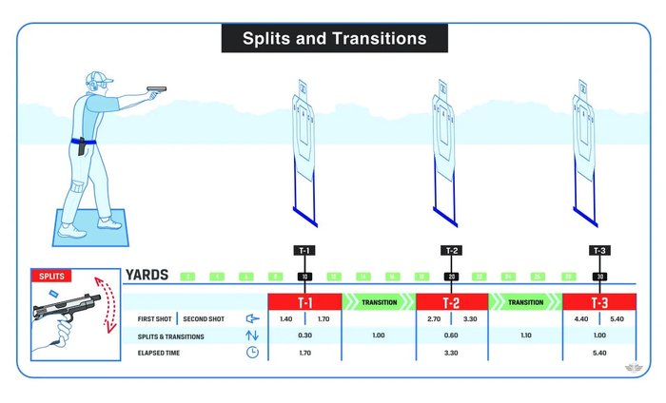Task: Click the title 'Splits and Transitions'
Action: pos(333,39)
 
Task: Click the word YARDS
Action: pos(147,276)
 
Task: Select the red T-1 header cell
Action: pos(304,301)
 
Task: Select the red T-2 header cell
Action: pos(452,301)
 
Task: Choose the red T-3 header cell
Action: pos(598,301)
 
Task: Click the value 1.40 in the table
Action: pos(286,319)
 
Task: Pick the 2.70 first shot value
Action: pos(434,319)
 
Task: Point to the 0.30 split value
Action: pos(304,336)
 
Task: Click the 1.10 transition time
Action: pos(525,336)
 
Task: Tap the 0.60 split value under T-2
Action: pos(452,336)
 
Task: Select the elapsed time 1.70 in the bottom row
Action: pos(304,352)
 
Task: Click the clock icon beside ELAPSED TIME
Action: pos(252,352)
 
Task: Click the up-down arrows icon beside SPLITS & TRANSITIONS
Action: pos(252,336)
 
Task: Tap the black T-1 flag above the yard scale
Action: pos(304,251)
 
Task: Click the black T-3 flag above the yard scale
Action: pos(598,251)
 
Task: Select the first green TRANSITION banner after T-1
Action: pos(378,301)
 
